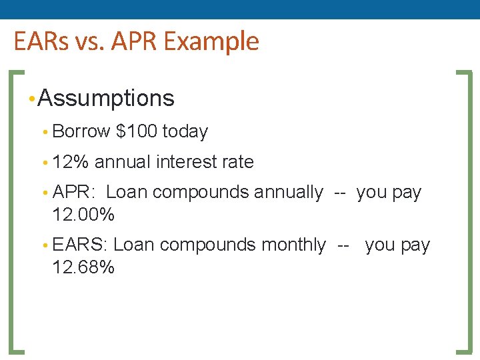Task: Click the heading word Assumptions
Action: [106, 99]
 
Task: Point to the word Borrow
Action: [81, 132]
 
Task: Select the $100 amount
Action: [136, 132]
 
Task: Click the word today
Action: [185, 132]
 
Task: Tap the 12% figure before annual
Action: [71, 162]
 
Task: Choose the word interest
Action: [186, 162]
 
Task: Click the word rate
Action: [237, 162]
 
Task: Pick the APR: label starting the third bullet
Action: [75, 193]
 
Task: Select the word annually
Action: [287, 193]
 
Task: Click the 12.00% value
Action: [83, 215]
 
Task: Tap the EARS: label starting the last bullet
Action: [80, 245]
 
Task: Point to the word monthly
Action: [293, 245]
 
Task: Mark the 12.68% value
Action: [83, 268]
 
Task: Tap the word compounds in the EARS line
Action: [207, 245]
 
